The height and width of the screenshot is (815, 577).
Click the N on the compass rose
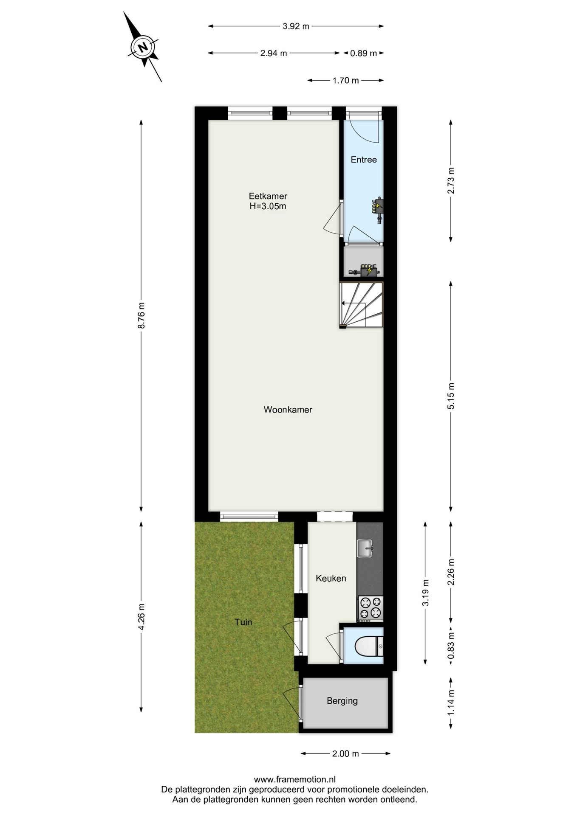click(143, 47)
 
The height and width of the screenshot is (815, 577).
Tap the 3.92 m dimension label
click(296, 26)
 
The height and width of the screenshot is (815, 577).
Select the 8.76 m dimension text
click(141, 315)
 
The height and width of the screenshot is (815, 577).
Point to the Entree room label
click(364, 160)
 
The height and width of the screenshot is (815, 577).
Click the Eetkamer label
click(268, 196)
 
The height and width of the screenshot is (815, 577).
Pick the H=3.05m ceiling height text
click(268, 207)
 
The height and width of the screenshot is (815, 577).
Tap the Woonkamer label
click(288, 410)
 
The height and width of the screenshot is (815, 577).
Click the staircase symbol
click(362, 305)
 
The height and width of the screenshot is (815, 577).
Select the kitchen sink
click(365, 548)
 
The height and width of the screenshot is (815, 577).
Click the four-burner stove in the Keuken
click(371, 608)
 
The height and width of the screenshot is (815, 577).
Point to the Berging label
click(342, 701)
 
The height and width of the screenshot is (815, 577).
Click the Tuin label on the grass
click(243, 622)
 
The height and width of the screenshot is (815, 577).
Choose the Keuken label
click(331, 578)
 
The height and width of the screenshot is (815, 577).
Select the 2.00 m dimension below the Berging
click(345, 753)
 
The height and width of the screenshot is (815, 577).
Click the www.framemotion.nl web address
click(295, 779)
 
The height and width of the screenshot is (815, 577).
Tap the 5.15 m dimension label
click(451, 396)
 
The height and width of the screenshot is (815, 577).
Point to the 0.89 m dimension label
click(363, 53)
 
